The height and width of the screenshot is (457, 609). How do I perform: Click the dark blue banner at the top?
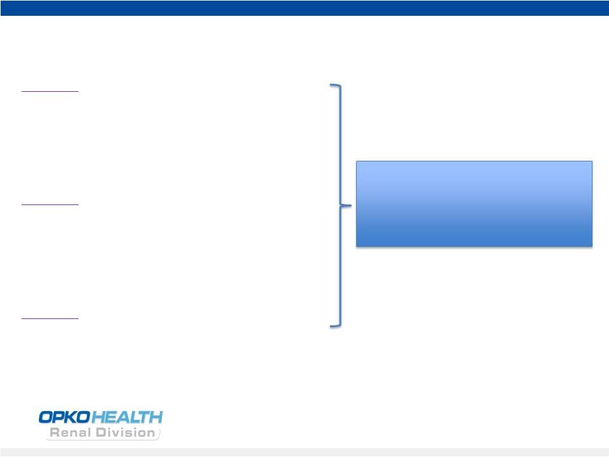click(x=304, y=8)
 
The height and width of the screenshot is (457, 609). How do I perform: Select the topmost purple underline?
click(x=50, y=92)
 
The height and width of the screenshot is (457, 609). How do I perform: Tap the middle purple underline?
click(x=50, y=204)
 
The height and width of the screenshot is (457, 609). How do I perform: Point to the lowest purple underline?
click(x=50, y=318)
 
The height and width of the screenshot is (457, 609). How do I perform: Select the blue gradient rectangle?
click(x=474, y=204)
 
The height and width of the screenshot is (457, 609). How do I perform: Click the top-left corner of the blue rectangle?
click(x=357, y=161)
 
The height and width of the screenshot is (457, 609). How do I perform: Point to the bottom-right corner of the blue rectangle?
click(x=593, y=246)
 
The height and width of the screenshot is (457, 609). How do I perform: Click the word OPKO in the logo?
click(x=65, y=417)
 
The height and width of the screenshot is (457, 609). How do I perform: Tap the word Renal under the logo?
click(x=70, y=432)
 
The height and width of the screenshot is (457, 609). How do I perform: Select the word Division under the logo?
click(x=125, y=432)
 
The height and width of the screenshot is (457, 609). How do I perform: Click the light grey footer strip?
click(x=304, y=453)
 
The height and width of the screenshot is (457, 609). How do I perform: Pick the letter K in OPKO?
click(x=72, y=417)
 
